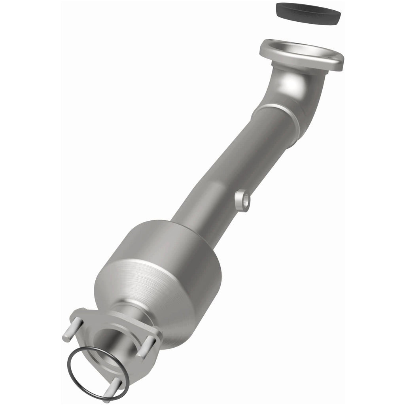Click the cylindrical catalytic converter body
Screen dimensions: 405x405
(x=174, y=269)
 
